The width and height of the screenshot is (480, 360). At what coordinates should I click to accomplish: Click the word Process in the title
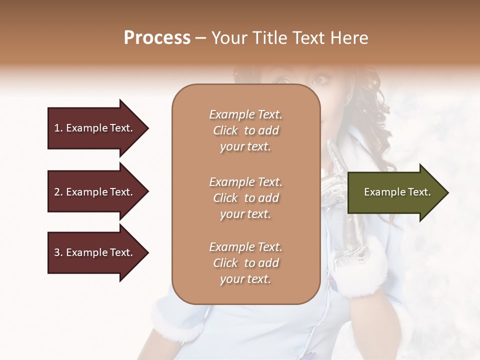pyautogui.click(x=157, y=38)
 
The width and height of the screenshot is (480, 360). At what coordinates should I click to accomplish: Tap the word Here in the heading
pyautogui.click(x=348, y=38)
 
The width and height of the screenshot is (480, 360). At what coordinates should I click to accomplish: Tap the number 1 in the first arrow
pyautogui.click(x=57, y=128)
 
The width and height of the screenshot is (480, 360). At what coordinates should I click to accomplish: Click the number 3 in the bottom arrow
pyautogui.click(x=57, y=252)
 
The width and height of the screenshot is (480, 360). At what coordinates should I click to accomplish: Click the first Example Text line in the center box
pyautogui.click(x=245, y=114)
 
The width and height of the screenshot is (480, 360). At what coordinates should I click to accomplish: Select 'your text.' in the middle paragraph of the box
pyautogui.click(x=245, y=214)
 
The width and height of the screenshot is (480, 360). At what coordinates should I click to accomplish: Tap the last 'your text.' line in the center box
pyautogui.click(x=245, y=279)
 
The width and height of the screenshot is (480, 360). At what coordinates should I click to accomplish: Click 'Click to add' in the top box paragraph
pyautogui.click(x=245, y=130)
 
